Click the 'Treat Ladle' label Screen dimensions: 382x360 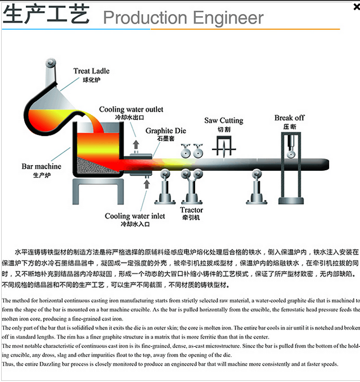click(x=91, y=71)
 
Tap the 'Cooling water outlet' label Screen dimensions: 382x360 click(x=131, y=110)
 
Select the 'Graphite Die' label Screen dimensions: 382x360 click(x=165, y=131)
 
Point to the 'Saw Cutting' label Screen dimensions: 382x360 click(x=223, y=121)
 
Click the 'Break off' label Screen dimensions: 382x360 click(x=289, y=118)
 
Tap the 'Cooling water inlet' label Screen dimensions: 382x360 click(x=135, y=216)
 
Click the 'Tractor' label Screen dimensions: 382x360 click(x=191, y=211)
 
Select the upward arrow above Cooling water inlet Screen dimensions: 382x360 click(x=145, y=184)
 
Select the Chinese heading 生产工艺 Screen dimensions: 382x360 click(x=46, y=14)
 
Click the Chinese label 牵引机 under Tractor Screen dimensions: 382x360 click(x=191, y=218)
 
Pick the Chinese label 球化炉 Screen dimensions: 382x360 click(x=91, y=80)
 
